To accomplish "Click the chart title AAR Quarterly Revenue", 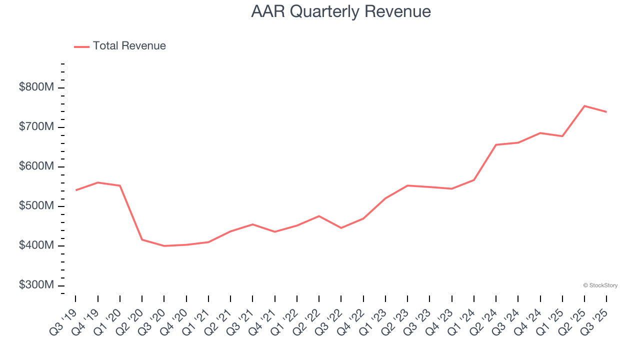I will point(341,11).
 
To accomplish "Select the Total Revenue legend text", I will point(129,46).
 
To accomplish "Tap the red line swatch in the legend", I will point(81,46).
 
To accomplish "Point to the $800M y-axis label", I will point(36,87).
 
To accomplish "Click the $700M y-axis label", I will point(36,127).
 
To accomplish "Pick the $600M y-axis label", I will point(36,166).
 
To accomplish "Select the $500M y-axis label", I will point(36,206).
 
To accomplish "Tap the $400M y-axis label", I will point(36,245).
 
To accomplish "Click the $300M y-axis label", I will point(36,285).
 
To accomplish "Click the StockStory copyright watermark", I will point(600,285).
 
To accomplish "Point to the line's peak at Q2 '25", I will point(584,106).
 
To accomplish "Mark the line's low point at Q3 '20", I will point(164,246).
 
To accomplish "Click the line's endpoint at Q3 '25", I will point(606,112).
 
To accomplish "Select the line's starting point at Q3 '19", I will point(75,190).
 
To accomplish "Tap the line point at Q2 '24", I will point(496,145).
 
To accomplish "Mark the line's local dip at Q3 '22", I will point(341,228).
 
